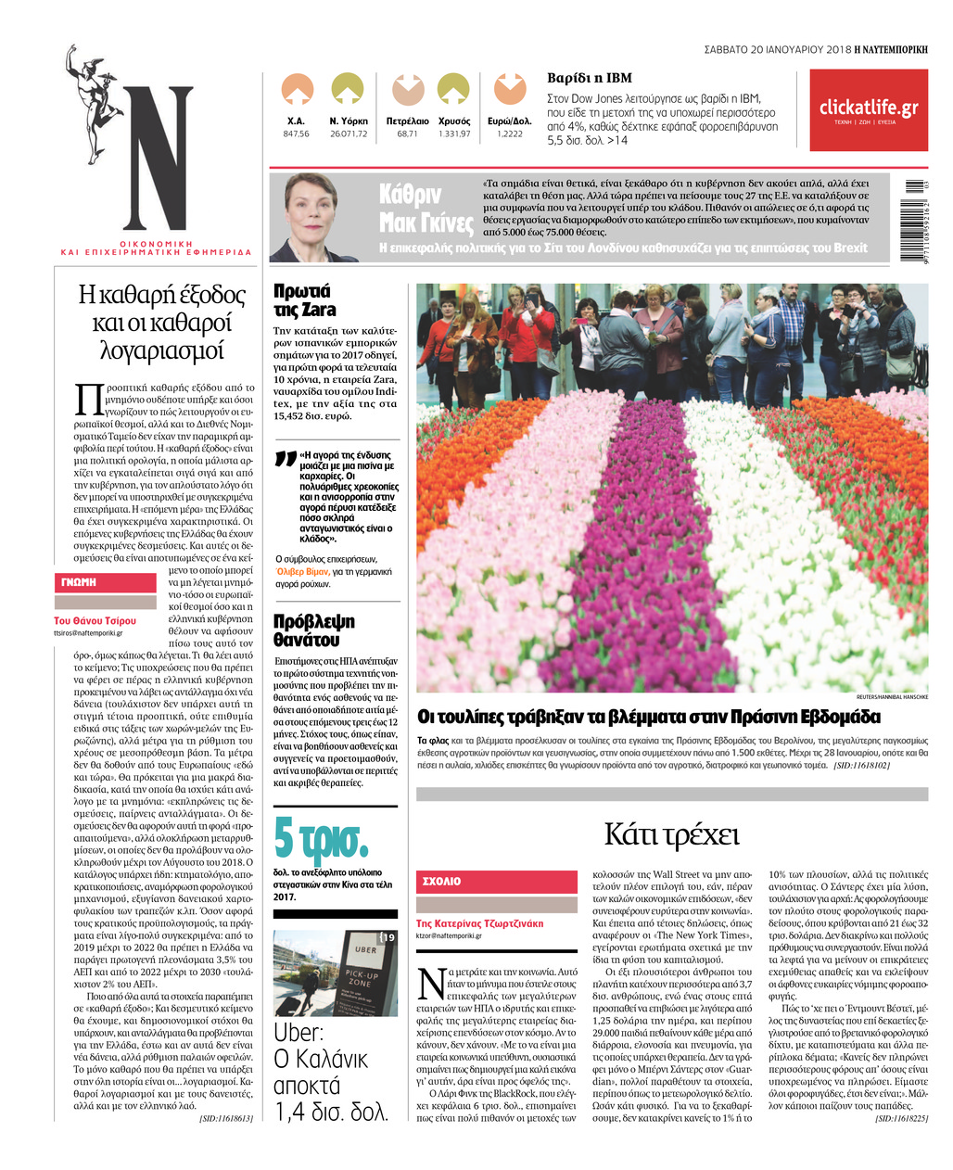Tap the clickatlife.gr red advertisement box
868,110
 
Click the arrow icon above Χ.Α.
297,90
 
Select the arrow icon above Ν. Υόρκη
348,90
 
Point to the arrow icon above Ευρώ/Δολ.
509,90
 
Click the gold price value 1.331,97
453,134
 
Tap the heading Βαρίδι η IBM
590,78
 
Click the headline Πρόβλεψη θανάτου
314,630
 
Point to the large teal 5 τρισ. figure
321,837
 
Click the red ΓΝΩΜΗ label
80,582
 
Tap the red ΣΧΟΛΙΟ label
442,881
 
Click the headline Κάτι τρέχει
671,834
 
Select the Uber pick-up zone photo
336,973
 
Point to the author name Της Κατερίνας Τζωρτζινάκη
479,923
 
